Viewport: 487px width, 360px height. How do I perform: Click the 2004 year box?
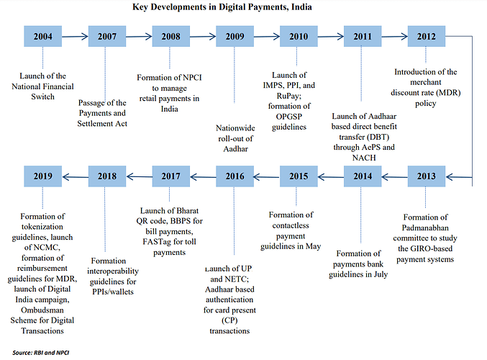pos(43,37)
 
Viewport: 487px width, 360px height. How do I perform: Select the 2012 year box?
pos(426,37)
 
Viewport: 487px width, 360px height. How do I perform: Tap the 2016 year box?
pos(235,176)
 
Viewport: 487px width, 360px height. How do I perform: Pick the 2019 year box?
pos(43,176)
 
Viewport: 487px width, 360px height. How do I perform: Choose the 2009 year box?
pos(235,37)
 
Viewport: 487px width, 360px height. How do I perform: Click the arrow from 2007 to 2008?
pos(139,37)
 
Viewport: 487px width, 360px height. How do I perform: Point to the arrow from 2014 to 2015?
pos(331,177)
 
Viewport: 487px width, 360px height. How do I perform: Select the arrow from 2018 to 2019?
pos(75,177)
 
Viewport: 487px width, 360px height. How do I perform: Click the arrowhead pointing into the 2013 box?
pos(449,177)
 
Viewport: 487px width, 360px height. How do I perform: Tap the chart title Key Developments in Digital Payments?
pos(222,6)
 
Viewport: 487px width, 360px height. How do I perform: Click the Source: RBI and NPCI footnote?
pos(41,353)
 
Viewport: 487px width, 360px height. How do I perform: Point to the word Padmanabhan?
pos(425,228)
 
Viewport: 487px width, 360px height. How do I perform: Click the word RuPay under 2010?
pos(289,96)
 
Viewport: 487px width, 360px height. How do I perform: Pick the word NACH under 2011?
pos(364,158)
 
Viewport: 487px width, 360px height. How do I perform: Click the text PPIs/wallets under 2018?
pos(113,292)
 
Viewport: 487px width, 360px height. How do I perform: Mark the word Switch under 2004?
pos(42,96)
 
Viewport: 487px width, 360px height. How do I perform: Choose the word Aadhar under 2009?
pos(235,149)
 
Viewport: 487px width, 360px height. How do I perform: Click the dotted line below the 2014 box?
pos(360,215)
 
